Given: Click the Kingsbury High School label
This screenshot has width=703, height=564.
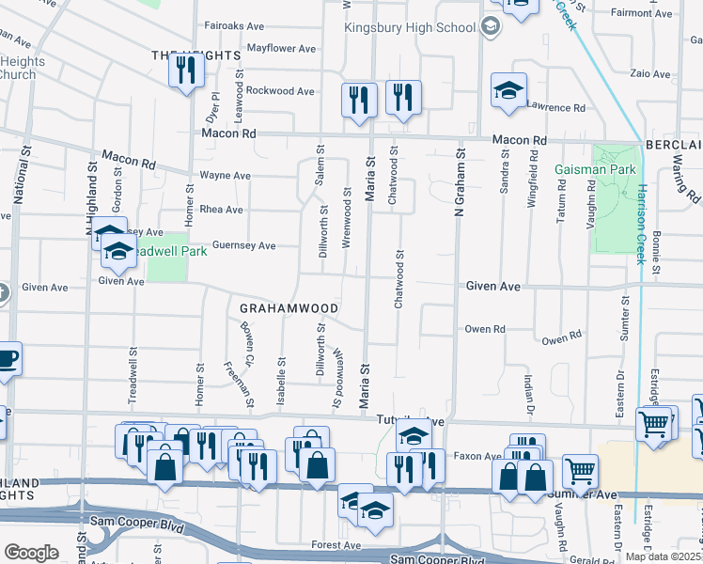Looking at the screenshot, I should coord(410,27).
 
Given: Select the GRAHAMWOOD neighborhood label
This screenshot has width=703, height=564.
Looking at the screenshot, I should coord(289,307).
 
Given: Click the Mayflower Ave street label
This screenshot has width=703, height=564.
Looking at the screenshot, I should coord(281,48).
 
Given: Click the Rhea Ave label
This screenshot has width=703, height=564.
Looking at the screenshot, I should coord(221,210).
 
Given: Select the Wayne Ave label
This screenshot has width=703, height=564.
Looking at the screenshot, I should coord(225,176).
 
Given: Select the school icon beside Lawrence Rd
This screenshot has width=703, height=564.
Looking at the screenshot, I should coord(508,90).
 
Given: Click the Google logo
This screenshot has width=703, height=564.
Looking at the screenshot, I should coord(31,553).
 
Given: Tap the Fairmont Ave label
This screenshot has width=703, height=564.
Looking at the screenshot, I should coord(644,13).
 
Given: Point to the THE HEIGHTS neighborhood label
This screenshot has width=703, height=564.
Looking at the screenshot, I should coord(195,56).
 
